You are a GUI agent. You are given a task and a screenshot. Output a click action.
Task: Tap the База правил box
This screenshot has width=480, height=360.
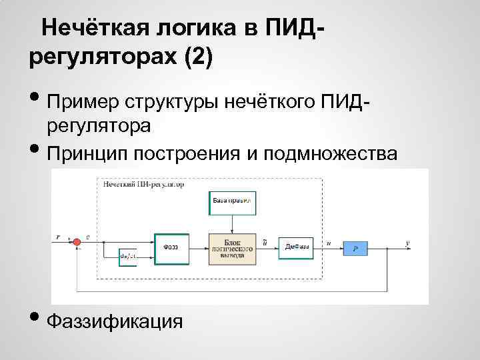click(x=232, y=202)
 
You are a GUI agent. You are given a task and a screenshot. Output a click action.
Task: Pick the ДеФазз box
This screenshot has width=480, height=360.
click(x=296, y=247)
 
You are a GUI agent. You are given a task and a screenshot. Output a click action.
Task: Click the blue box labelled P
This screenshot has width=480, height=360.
click(x=355, y=248)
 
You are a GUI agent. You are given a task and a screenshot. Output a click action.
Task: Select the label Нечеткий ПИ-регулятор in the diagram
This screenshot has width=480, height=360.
click(x=143, y=183)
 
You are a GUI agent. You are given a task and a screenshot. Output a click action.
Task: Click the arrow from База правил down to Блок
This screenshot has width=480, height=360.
click(x=232, y=224)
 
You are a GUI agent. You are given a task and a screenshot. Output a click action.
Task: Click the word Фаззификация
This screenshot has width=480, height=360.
click(x=115, y=322)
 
